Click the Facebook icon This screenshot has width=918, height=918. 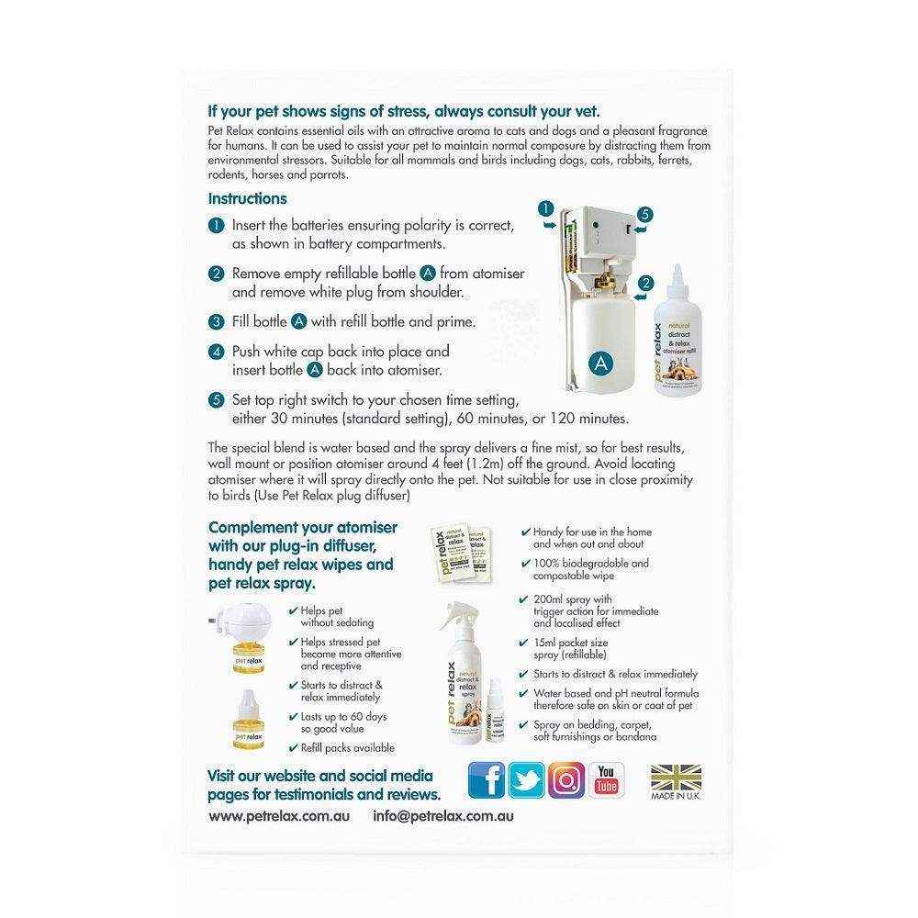(487, 780)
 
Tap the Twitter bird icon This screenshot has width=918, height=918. (527, 780)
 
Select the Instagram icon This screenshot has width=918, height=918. (566, 780)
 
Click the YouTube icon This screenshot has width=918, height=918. (606, 780)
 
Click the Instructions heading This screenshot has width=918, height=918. (247, 198)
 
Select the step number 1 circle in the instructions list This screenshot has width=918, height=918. (216, 225)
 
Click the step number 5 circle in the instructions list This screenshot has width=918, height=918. (216, 400)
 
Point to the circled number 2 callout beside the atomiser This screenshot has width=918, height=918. (645, 283)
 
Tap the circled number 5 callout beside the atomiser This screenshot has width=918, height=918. (644, 214)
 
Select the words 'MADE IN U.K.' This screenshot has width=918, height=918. (675, 797)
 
